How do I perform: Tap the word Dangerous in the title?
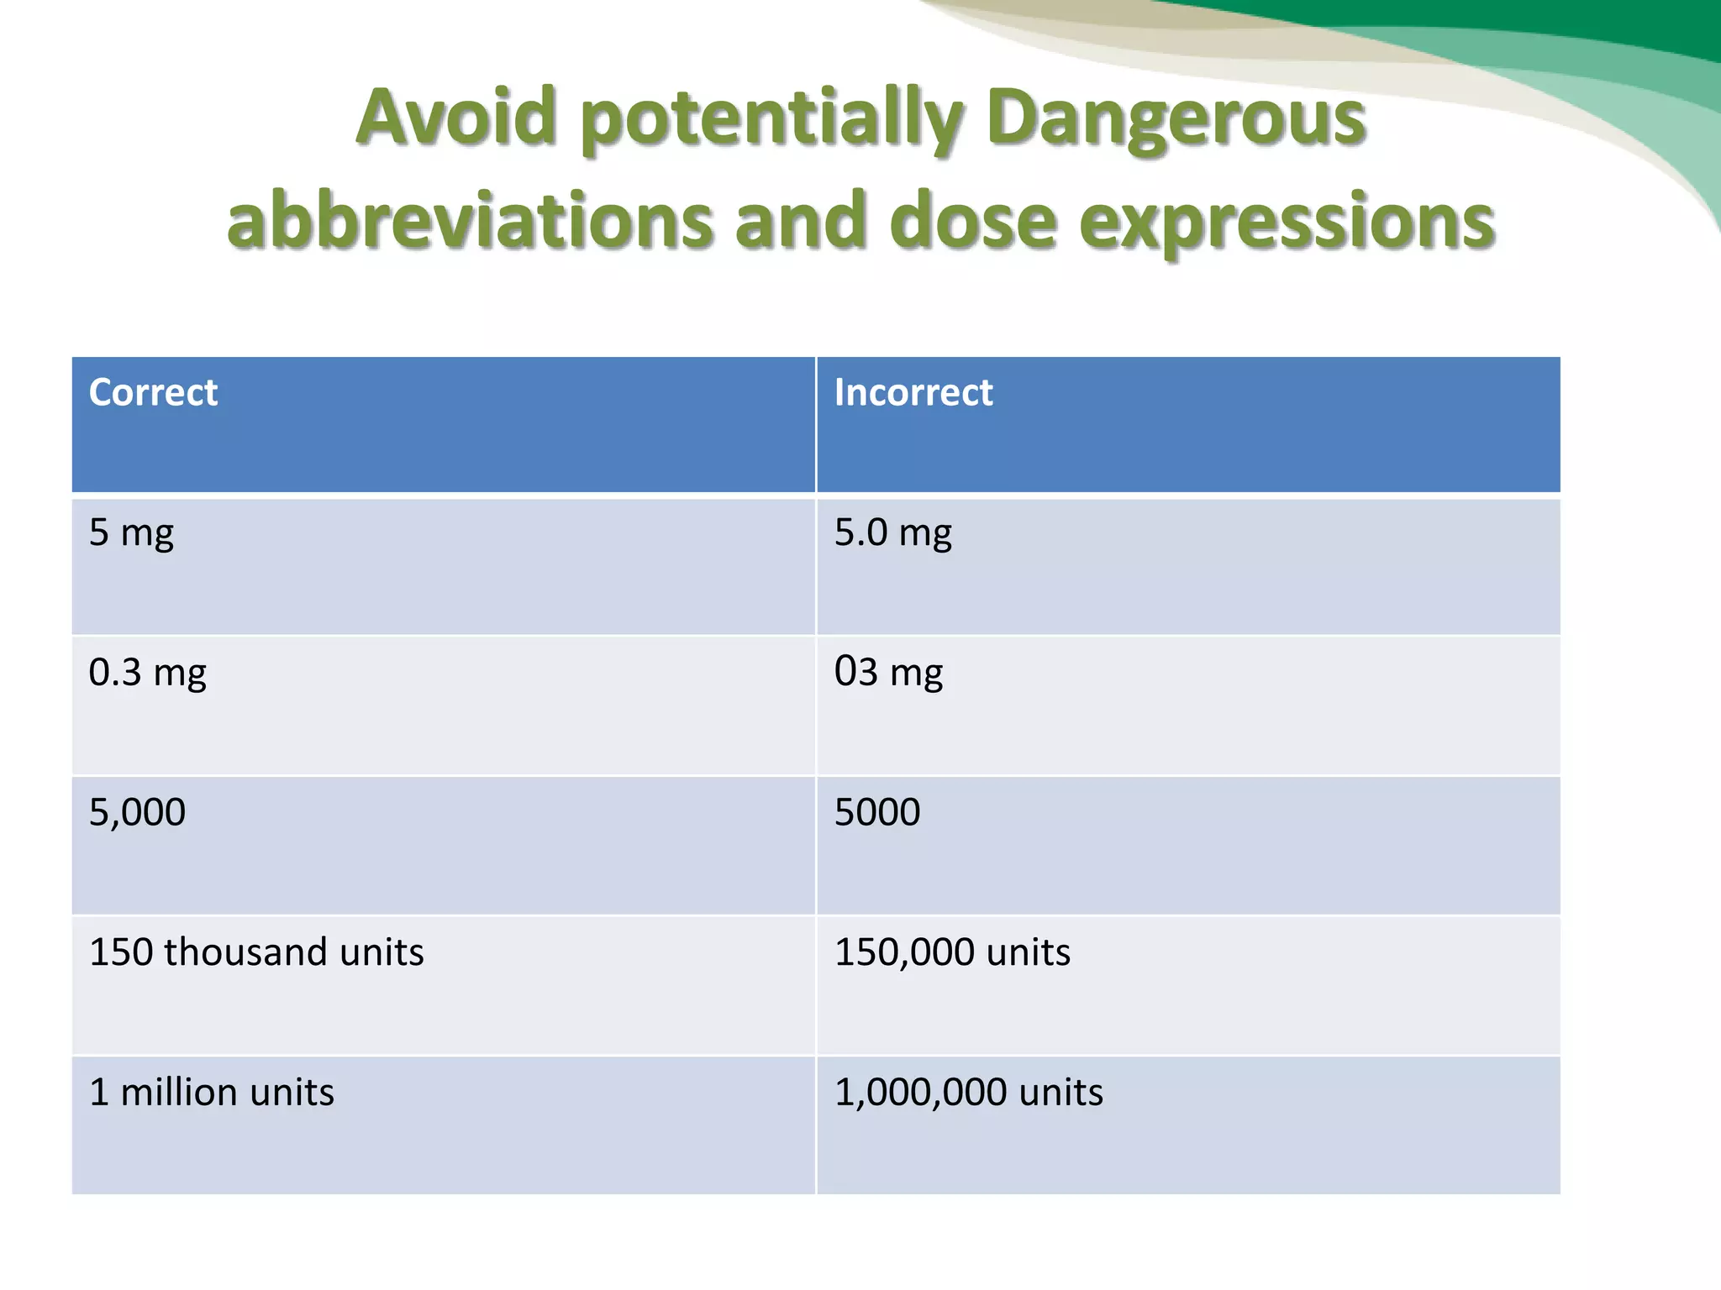[x=1176, y=118]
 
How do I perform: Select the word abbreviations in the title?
[x=471, y=220]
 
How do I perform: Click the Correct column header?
[x=153, y=392]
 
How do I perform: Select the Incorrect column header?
[x=913, y=392]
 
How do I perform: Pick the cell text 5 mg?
[x=131, y=533]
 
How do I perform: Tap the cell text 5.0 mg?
[x=892, y=533]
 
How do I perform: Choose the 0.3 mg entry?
[x=147, y=673]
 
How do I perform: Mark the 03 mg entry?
[x=888, y=673]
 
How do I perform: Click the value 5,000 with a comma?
[x=137, y=812]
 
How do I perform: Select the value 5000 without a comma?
[x=877, y=812]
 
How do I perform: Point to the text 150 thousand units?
[x=256, y=952]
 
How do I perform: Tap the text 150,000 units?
[x=952, y=952]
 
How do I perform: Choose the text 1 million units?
[x=212, y=1093]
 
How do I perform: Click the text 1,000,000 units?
[x=968, y=1093]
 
